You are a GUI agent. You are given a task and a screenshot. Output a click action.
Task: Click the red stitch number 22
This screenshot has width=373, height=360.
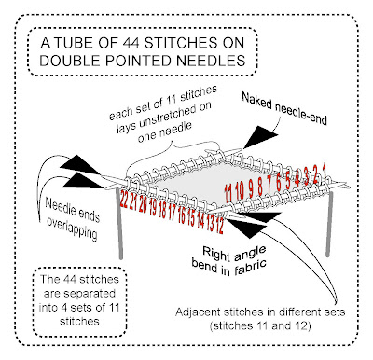point(124,202)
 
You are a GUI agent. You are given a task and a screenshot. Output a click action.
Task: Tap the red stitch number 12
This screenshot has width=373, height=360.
point(220,226)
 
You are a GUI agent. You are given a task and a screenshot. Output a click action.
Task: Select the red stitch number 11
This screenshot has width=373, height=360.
point(228,192)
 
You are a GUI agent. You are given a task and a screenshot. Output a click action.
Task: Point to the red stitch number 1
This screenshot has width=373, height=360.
point(325,173)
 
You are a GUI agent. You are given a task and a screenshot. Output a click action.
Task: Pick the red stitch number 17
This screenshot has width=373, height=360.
point(172,214)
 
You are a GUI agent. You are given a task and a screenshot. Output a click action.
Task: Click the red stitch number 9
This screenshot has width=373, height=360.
point(251,188)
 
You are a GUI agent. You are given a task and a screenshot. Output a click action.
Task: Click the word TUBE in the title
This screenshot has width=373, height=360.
point(72,43)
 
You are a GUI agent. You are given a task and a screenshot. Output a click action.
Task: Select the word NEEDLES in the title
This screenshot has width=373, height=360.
point(211,61)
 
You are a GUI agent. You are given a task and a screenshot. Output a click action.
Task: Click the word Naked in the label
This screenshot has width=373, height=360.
point(256,102)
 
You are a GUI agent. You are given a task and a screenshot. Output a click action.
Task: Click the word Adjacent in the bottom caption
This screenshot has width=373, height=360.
point(199,312)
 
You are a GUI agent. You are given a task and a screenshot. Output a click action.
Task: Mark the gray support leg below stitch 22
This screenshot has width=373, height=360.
point(119,223)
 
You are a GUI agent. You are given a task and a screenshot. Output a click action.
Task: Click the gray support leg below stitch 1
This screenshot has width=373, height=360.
point(329,224)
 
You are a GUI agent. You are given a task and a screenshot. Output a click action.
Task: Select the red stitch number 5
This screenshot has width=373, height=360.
point(288,181)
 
